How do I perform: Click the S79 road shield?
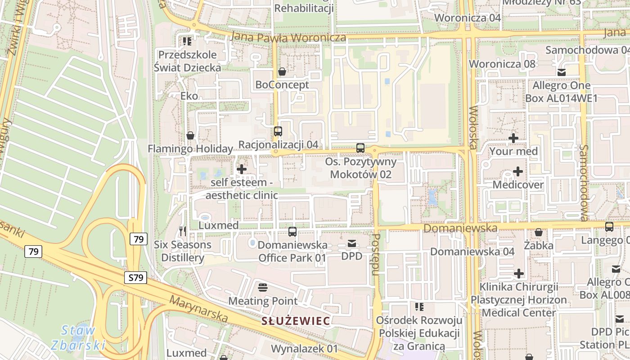point(135,278)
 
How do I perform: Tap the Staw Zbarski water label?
point(77,338)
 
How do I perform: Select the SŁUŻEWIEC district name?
point(296,321)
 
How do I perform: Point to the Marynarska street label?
point(199,309)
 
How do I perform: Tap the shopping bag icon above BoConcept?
point(282,72)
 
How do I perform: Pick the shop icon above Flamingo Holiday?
point(190,135)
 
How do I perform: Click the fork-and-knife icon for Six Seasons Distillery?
point(182,231)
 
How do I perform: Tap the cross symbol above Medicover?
point(518,171)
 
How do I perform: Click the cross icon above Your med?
point(513,138)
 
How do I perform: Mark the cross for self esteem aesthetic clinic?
point(242,169)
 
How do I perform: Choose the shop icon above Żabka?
point(538,233)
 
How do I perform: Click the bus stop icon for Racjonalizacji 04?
point(278,131)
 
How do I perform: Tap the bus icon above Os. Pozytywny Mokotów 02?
point(360,148)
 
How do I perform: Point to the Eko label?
point(189,96)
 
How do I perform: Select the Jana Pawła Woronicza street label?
point(288,37)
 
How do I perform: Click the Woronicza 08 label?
point(502,64)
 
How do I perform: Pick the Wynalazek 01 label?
point(304,349)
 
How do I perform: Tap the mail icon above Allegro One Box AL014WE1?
point(561,72)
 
